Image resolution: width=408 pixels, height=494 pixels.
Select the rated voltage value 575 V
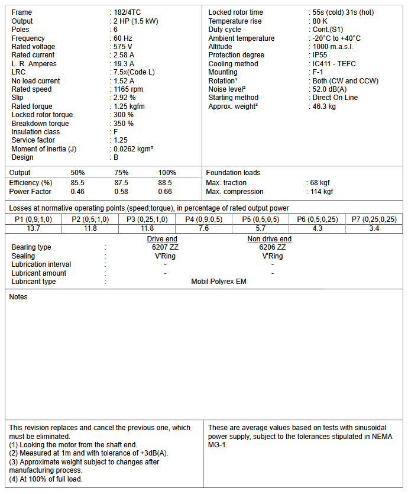[124, 47]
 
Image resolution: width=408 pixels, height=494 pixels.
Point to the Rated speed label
[31, 89]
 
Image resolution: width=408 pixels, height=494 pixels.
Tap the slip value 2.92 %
[125, 98]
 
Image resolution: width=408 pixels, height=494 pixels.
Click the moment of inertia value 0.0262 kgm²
[134, 149]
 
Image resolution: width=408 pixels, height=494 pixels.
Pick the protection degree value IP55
[320, 55]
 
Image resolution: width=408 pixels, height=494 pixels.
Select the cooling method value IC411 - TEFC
[334, 64]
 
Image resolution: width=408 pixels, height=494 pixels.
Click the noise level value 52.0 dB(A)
[330, 89]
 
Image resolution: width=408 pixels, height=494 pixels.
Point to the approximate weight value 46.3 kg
[324, 106]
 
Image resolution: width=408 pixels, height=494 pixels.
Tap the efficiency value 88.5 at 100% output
[165, 183]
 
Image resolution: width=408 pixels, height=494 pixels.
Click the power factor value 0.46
[77, 192]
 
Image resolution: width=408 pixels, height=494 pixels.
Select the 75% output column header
[121, 173]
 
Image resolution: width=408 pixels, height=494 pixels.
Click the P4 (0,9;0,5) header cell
[204, 219]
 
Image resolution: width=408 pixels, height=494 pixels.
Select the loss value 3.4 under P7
[374, 228]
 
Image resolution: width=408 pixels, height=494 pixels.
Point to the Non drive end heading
[269, 239]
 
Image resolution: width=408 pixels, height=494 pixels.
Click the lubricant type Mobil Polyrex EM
[219, 282]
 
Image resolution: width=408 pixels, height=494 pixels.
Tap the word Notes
[18, 297]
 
